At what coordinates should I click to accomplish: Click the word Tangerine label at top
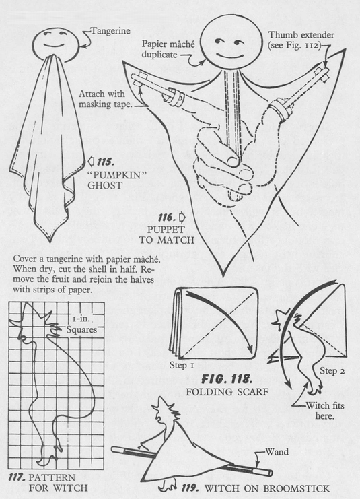[x=110, y=31]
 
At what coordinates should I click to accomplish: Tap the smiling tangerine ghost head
[x=59, y=43]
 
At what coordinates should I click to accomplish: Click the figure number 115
[x=106, y=162]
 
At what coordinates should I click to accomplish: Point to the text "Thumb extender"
[x=301, y=35]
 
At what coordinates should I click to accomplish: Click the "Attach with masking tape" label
[x=105, y=99]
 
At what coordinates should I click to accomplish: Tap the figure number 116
[x=167, y=218]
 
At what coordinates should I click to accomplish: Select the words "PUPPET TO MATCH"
[x=166, y=234]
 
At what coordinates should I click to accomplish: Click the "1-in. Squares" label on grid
[x=81, y=324]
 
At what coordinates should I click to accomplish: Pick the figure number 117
[x=17, y=477]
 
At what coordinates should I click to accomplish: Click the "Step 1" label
[x=181, y=365]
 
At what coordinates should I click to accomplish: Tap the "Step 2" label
[x=332, y=371]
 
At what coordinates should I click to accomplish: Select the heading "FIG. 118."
[x=227, y=379]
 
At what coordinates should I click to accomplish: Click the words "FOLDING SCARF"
[x=227, y=391]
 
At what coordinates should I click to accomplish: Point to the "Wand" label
[x=277, y=452]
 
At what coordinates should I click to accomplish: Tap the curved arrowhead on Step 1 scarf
[x=250, y=348]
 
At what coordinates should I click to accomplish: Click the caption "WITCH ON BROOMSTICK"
[x=267, y=488]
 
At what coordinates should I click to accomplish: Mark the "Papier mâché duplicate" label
[x=168, y=49]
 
